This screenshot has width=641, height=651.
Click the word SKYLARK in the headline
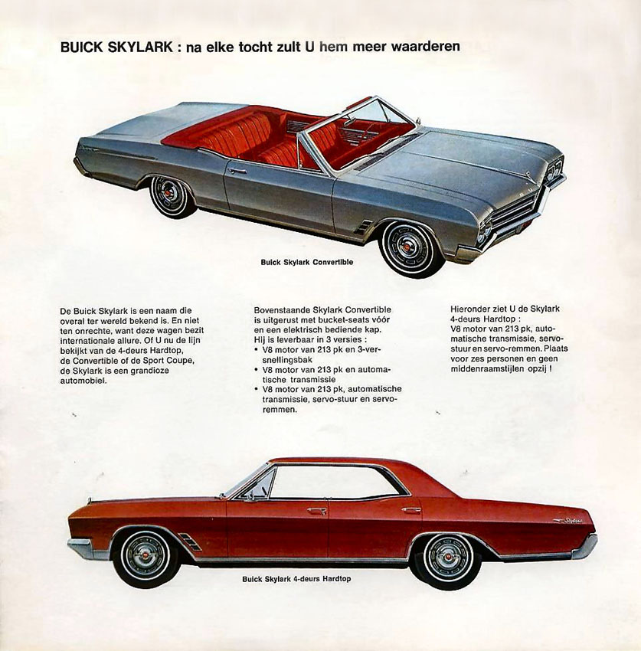coord(140,47)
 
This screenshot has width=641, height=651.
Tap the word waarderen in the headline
coord(426,47)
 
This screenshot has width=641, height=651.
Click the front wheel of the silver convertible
coord(410,248)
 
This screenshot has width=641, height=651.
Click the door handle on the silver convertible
coord(237,170)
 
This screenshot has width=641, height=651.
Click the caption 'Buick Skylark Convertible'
coord(307,262)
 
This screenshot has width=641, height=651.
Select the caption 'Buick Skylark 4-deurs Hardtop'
coord(296,578)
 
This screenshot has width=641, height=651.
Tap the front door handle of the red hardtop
coord(316,510)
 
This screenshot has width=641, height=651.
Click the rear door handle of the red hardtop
coord(411,509)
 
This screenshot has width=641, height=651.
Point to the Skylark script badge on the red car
coord(568,520)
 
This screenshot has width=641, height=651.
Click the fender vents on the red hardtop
coord(190,541)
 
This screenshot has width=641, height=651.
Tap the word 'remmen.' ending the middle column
coord(280,410)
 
